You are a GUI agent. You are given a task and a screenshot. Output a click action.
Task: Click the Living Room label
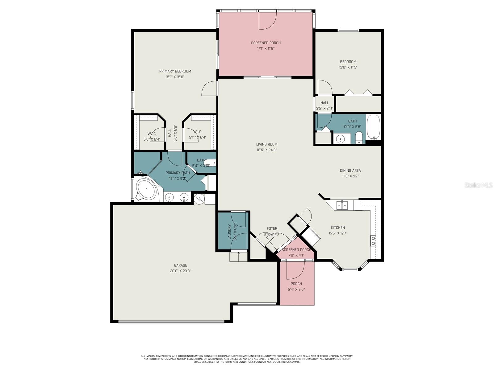pos(266,144)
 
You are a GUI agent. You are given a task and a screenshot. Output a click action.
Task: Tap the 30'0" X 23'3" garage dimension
pos(180,271)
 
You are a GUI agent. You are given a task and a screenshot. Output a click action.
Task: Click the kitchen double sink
pos(342,205)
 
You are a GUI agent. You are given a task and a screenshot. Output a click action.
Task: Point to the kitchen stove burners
pos(373,241)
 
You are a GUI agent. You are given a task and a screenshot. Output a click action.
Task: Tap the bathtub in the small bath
pos(374,127)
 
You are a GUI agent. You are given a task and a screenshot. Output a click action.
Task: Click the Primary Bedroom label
pos(175,71)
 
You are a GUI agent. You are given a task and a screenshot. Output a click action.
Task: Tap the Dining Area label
pos(350,171)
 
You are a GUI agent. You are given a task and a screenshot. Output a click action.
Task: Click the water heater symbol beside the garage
pos(199,199)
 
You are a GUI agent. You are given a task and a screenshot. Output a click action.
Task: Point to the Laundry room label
pos(229,232)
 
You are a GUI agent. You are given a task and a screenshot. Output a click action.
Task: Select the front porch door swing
pos(295,270)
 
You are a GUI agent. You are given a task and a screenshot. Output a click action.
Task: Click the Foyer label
pos(272,228)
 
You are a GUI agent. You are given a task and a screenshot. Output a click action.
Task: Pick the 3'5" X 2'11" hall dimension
pos(324,108)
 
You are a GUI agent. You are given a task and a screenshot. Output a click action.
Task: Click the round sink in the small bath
pos(340,139)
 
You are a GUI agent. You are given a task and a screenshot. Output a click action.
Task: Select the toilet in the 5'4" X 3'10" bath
pos(211,162)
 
